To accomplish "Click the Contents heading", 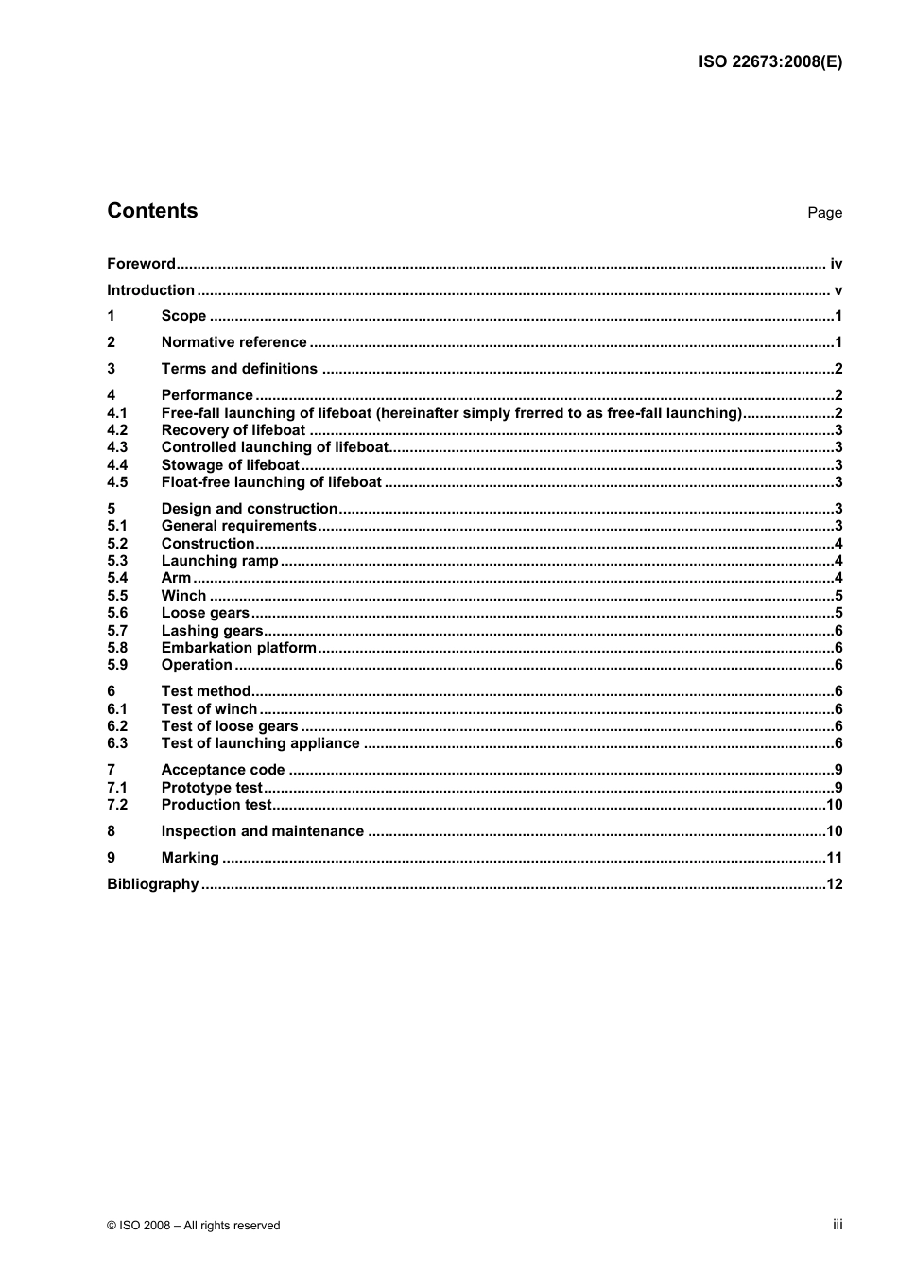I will [x=152, y=211].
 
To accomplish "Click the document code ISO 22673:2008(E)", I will [x=769, y=62].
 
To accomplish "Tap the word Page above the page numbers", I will [x=824, y=213].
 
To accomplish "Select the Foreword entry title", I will [x=141, y=264].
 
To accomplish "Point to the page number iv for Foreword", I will [x=836, y=264].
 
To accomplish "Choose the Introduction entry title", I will [x=150, y=290].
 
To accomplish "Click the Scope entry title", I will [x=183, y=316].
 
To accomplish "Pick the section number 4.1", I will [x=116, y=413].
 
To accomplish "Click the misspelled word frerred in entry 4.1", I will [x=536, y=413].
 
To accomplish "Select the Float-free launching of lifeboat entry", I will [x=271, y=482].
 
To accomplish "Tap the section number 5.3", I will [x=116, y=561].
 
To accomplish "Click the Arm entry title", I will [x=176, y=578].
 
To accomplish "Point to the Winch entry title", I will [x=183, y=596].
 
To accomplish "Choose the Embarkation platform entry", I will [x=238, y=648].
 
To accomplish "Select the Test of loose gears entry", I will [x=230, y=726].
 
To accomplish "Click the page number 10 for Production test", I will [x=834, y=805].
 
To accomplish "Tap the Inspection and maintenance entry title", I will [x=262, y=831].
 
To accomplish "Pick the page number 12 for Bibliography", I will [x=834, y=884].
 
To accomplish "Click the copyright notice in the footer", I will [x=194, y=1226].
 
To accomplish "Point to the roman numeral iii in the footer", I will [x=837, y=1225].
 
